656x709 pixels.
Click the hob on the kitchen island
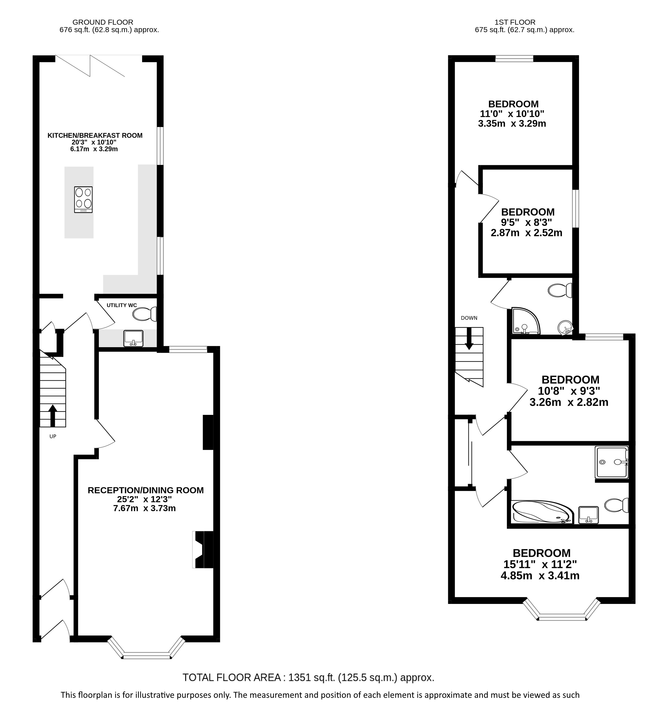click(x=83, y=199)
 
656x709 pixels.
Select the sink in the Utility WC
click(x=133, y=338)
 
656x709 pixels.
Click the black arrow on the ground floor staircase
click(x=53, y=415)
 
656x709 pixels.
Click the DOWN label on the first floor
click(x=469, y=318)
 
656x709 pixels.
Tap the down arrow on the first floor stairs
click(x=469, y=339)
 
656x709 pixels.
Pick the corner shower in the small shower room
click(x=525, y=321)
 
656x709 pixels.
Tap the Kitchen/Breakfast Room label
click(x=95, y=135)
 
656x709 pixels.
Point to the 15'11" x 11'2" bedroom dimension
click(x=540, y=564)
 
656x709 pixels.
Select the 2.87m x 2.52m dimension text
click(x=526, y=233)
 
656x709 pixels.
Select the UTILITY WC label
click(x=122, y=305)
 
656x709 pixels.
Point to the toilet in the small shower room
click(x=560, y=290)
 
